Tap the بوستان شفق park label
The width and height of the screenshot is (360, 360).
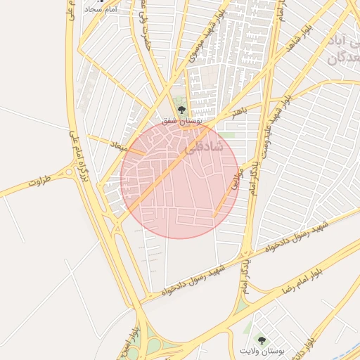(181, 122)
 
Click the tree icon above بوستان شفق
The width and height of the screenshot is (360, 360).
(182, 109)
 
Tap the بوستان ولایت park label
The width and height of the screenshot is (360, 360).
(260, 350)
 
